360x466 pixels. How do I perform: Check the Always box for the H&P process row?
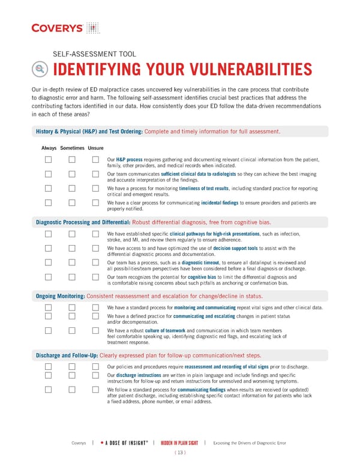(48, 160)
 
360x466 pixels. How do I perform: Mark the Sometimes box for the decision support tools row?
(71, 248)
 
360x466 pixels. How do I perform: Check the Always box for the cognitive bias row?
(48, 277)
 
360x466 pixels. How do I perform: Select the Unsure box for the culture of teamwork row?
(95, 330)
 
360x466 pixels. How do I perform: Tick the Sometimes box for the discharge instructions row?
(71, 375)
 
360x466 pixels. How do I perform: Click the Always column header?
(49, 148)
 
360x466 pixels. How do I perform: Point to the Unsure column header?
(95, 148)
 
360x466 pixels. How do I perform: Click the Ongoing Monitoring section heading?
(60, 296)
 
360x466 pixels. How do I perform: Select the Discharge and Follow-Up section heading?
(67, 355)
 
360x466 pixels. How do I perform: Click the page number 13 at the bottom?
(179, 452)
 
